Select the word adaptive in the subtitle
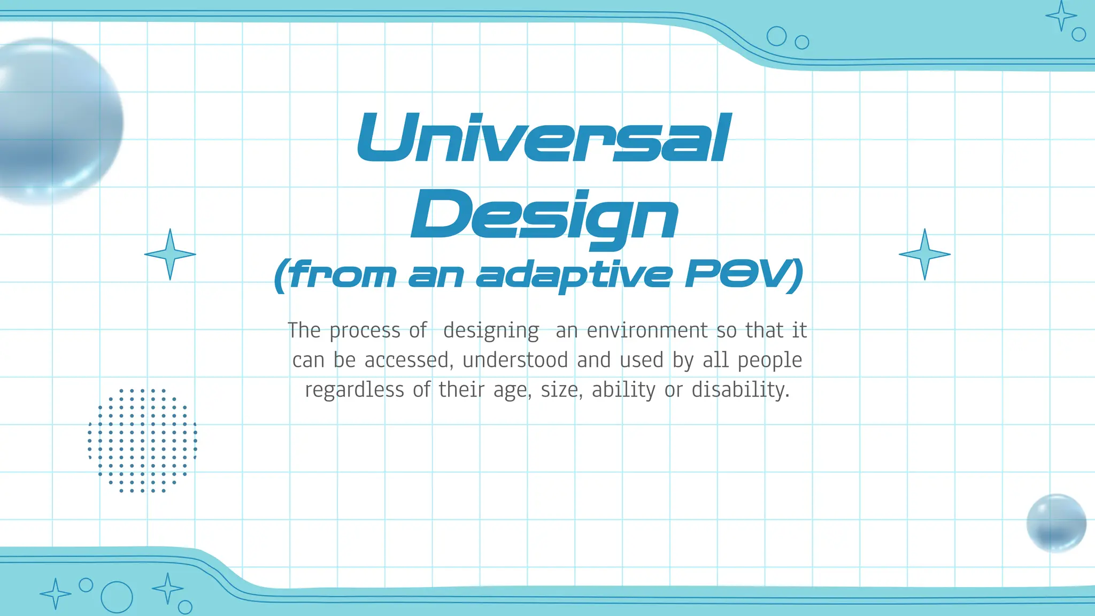[x=573, y=275]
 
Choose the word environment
[x=647, y=330]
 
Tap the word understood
[x=515, y=360]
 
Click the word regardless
[x=354, y=390]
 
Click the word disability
[x=740, y=390]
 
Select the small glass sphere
[x=1056, y=522]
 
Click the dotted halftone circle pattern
[x=142, y=440]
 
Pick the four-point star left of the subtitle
[x=170, y=255]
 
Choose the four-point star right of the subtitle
[x=924, y=255]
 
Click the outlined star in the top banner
[x=1061, y=16]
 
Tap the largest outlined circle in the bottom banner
[x=117, y=597]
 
